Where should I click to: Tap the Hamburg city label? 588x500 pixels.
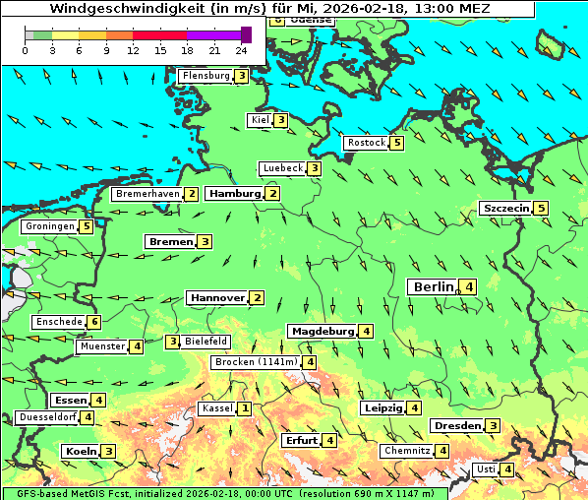click(234, 194)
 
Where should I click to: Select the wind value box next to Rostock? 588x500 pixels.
click(396, 143)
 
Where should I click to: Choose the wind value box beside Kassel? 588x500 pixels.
click(243, 408)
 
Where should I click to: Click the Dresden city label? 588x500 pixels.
click(456, 426)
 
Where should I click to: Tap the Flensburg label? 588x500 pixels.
click(206, 76)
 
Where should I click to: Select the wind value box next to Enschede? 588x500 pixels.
click(93, 322)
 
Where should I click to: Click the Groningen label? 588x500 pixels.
click(50, 226)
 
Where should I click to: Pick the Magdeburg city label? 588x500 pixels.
click(322, 331)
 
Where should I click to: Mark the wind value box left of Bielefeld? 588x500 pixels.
click(173, 342)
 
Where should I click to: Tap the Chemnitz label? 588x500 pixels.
click(406, 451)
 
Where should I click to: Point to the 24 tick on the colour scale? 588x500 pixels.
click(241, 51)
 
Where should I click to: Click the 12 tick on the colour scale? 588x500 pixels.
click(133, 51)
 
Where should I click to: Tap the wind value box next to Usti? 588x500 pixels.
click(506, 469)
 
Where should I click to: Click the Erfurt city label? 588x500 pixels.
click(300, 440)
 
